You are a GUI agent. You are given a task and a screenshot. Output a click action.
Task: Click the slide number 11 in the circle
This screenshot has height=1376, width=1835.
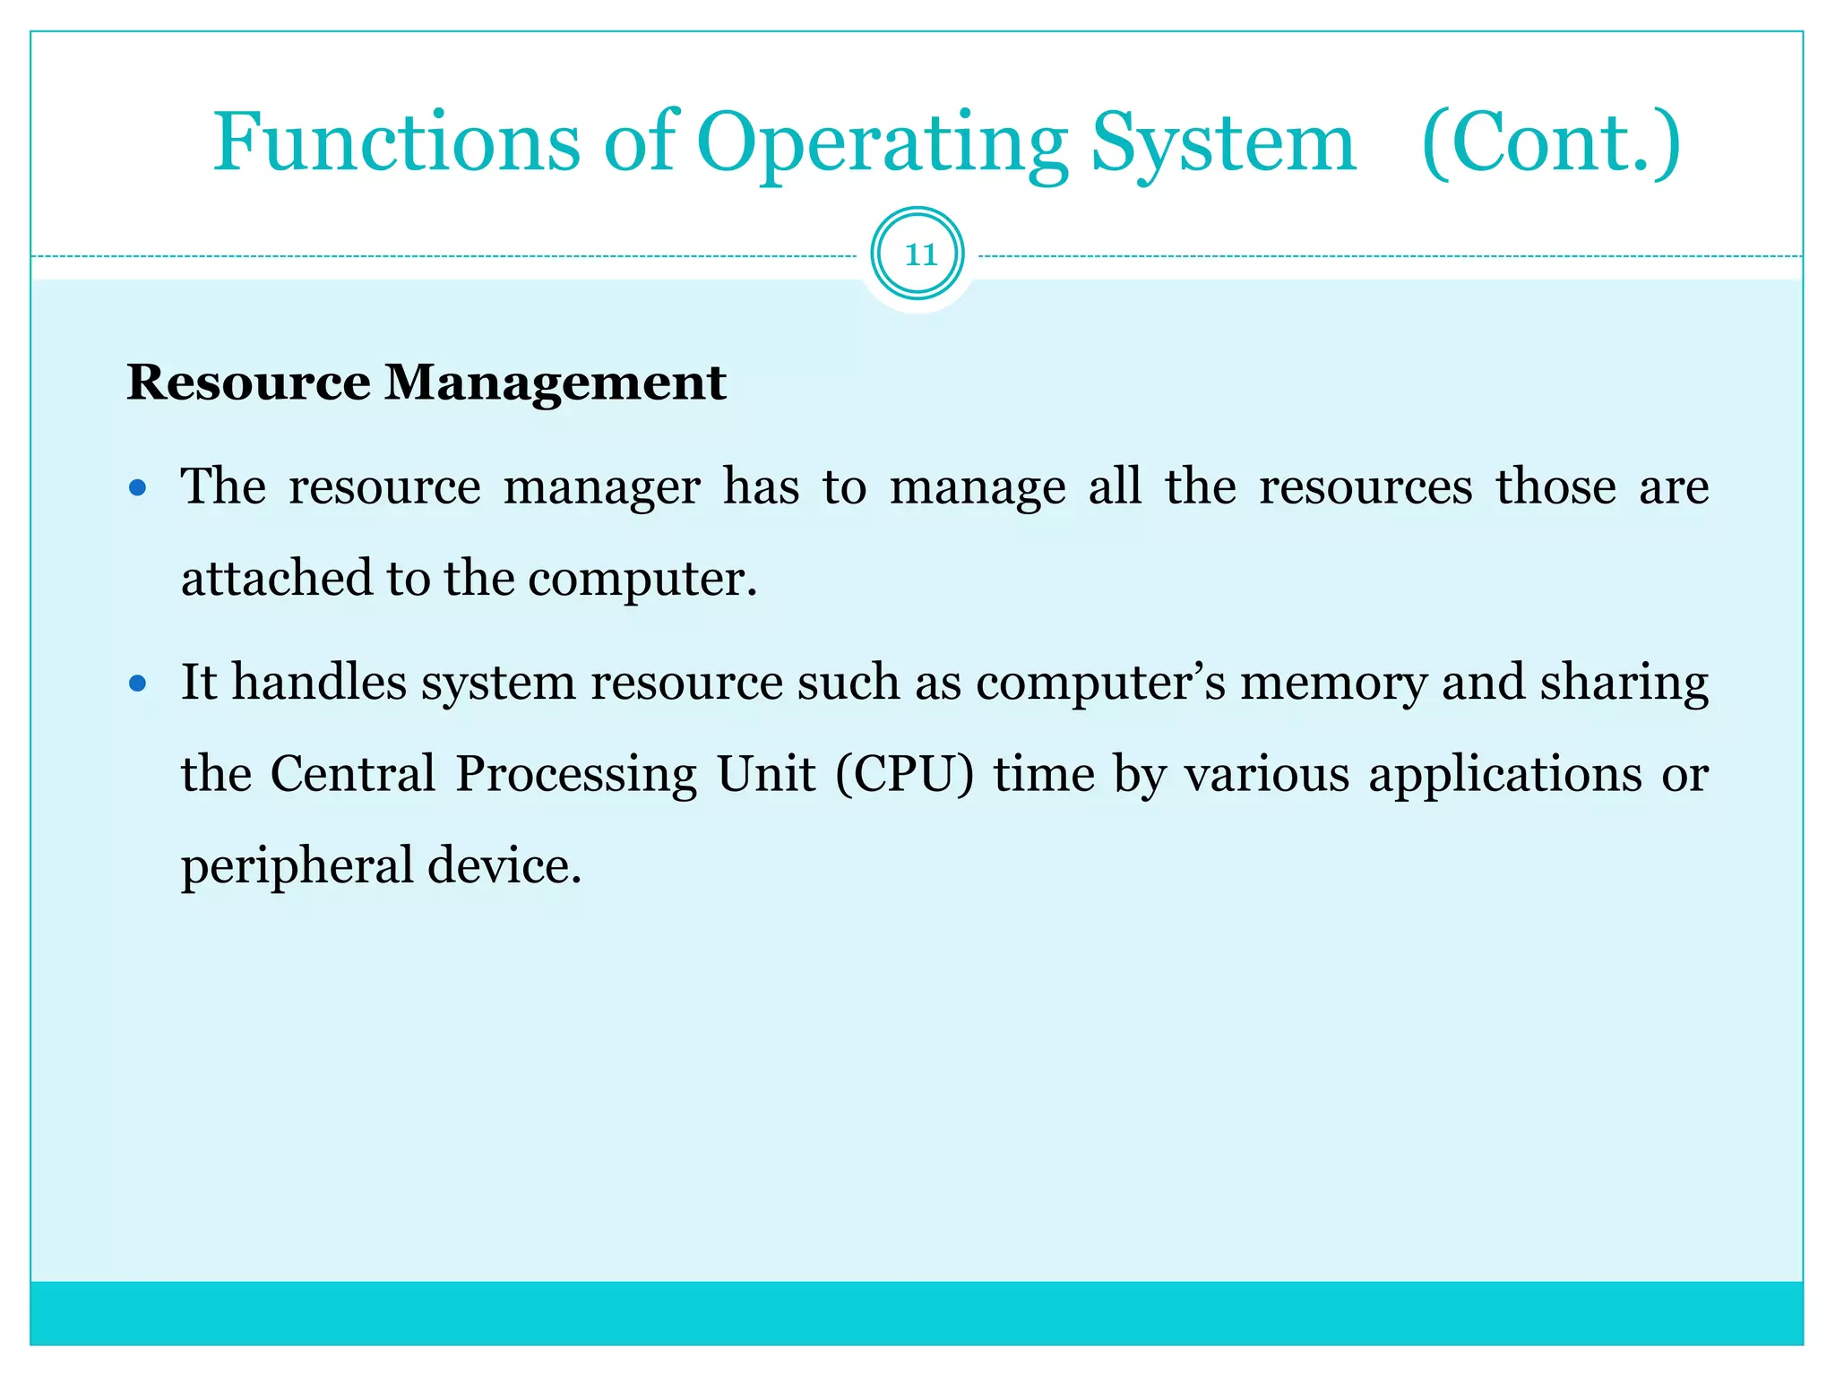click(x=918, y=254)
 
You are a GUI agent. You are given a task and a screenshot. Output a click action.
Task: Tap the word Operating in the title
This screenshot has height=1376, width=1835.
click(x=882, y=143)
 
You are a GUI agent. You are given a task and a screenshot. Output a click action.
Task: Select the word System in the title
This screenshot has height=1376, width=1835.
click(x=1222, y=143)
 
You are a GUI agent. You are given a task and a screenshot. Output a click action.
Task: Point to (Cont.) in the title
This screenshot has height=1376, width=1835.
click(x=1551, y=143)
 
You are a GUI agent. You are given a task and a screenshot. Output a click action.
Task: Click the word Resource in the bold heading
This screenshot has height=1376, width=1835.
click(x=248, y=383)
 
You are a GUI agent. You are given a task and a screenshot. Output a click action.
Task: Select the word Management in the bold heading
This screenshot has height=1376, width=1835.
click(x=555, y=383)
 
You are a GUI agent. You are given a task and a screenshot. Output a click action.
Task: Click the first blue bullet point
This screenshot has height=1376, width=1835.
click(x=137, y=488)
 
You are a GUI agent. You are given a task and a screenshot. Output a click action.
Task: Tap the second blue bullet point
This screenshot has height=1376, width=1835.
click(x=137, y=684)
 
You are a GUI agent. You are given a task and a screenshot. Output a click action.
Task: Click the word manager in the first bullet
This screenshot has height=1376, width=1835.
click(x=601, y=488)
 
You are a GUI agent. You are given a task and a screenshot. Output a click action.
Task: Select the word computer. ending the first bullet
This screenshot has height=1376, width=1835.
click(x=642, y=580)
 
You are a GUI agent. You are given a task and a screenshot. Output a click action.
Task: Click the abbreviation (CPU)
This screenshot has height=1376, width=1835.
click(x=904, y=774)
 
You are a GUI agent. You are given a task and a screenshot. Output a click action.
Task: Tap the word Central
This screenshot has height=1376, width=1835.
click(x=352, y=774)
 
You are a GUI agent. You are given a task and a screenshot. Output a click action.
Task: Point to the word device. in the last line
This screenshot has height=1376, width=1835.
click(x=504, y=866)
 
